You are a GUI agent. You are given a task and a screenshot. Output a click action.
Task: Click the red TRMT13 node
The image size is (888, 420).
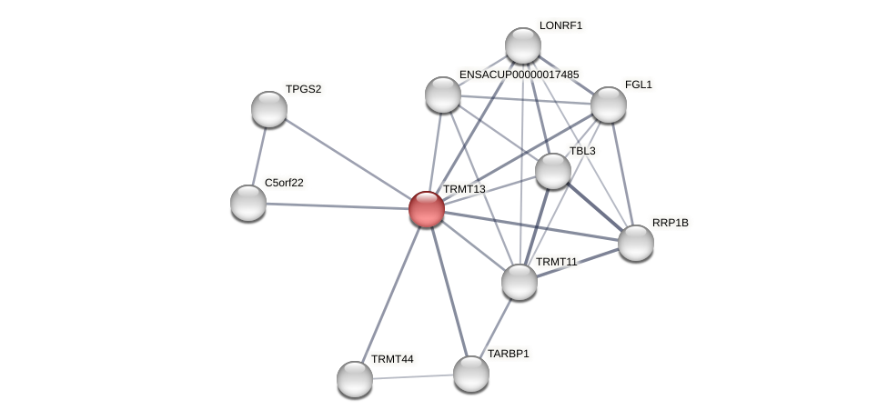tap(426, 209)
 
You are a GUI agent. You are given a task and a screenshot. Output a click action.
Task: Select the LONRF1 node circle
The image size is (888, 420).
tap(523, 45)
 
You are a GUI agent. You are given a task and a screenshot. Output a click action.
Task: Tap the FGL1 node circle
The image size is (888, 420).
tap(609, 105)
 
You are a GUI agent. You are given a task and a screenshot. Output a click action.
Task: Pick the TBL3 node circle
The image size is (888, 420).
tap(553, 171)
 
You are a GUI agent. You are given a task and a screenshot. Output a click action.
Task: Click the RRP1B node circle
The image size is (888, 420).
tap(636, 243)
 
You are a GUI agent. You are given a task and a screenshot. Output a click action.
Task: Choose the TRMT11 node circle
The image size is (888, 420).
tap(520, 282)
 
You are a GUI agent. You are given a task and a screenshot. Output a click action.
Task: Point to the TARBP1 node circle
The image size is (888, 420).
tap(471, 374)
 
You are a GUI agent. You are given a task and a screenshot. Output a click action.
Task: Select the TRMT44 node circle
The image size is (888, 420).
tap(355, 379)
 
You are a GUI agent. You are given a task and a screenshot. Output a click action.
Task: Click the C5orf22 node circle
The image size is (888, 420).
tap(248, 203)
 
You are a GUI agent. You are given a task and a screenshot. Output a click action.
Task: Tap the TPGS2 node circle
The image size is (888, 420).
tap(269, 109)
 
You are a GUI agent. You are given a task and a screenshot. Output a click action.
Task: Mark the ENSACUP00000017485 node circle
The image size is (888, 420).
tap(443, 95)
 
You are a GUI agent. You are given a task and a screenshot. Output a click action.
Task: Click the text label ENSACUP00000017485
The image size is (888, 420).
tap(519, 75)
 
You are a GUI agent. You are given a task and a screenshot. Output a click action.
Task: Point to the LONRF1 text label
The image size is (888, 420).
tap(560, 25)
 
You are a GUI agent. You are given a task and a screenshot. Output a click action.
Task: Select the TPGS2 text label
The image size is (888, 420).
tap(303, 89)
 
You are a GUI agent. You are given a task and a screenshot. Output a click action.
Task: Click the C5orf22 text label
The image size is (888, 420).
tap(284, 183)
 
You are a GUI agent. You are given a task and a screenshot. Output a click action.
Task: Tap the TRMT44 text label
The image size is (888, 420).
tap(392, 359)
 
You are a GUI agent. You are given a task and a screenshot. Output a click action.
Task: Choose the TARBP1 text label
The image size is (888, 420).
tap(508, 354)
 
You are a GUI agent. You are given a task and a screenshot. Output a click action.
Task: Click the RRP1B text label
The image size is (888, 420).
tap(671, 223)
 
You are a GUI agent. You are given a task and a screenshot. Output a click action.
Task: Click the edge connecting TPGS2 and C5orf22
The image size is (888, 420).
tap(259, 155)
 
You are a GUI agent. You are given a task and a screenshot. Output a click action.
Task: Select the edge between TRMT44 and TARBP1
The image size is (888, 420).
tap(413, 376)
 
